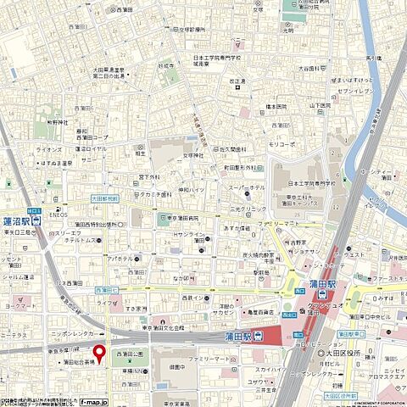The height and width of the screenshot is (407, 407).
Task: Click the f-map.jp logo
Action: (x=91, y=398)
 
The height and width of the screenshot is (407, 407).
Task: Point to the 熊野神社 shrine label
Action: (x=57, y=122)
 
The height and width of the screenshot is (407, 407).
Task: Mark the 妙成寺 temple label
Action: (x=166, y=63)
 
